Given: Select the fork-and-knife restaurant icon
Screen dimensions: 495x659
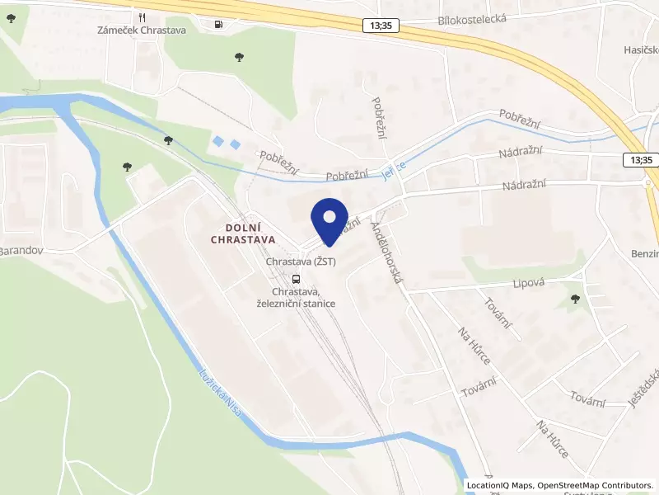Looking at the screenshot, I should click(x=143, y=17).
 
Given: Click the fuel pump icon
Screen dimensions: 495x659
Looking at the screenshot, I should click(x=217, y=24).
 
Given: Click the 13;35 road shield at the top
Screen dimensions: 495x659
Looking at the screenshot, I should click(x=381, y=26).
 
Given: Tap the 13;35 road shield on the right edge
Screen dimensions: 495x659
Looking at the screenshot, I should click(x=640, y=159).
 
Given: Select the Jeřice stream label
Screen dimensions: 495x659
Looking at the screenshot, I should click(x=395, y=170).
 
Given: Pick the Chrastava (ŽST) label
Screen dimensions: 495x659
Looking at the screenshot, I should click(x=300, y=262).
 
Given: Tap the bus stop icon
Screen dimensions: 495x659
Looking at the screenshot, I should click(x=296, y=278).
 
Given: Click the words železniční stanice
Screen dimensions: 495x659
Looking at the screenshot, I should click(x=296, y=304).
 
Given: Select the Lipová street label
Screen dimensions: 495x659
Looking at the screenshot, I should click(x=507, y=283).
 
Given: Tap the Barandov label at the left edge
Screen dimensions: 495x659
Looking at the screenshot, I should click(x=21, y=249).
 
